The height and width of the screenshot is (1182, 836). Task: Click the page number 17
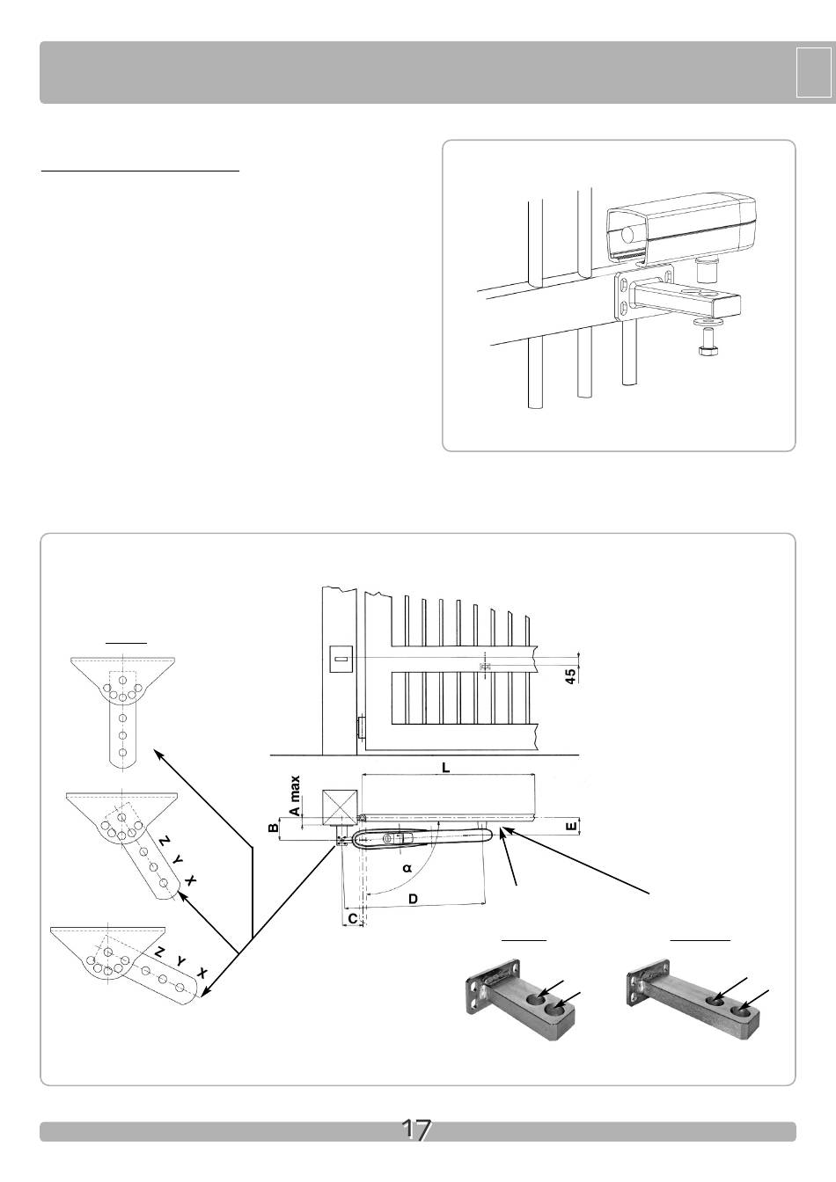tap(416, 1130)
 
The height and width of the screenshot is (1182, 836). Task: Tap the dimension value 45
tap(571, 676)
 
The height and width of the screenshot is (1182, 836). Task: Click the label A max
tap(295, 795)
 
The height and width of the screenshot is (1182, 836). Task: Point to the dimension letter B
tap(273, 827)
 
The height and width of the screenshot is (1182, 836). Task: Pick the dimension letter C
tap(353, 919)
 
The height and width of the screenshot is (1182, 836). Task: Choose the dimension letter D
tap(414, 899)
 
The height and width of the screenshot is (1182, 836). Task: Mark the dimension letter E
tap(571, 827)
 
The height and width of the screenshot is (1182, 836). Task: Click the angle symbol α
tap(407, 867)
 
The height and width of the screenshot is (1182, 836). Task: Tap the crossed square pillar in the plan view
tap(340, 806)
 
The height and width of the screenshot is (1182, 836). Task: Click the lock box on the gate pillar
tap(341, 659)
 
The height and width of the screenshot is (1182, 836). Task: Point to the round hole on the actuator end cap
tap(627, 234)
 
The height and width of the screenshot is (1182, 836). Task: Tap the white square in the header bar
tap(813, 72)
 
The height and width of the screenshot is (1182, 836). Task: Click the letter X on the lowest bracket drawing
tap(202, 974)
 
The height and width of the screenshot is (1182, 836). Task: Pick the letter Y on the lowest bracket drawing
tap(181, 961)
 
